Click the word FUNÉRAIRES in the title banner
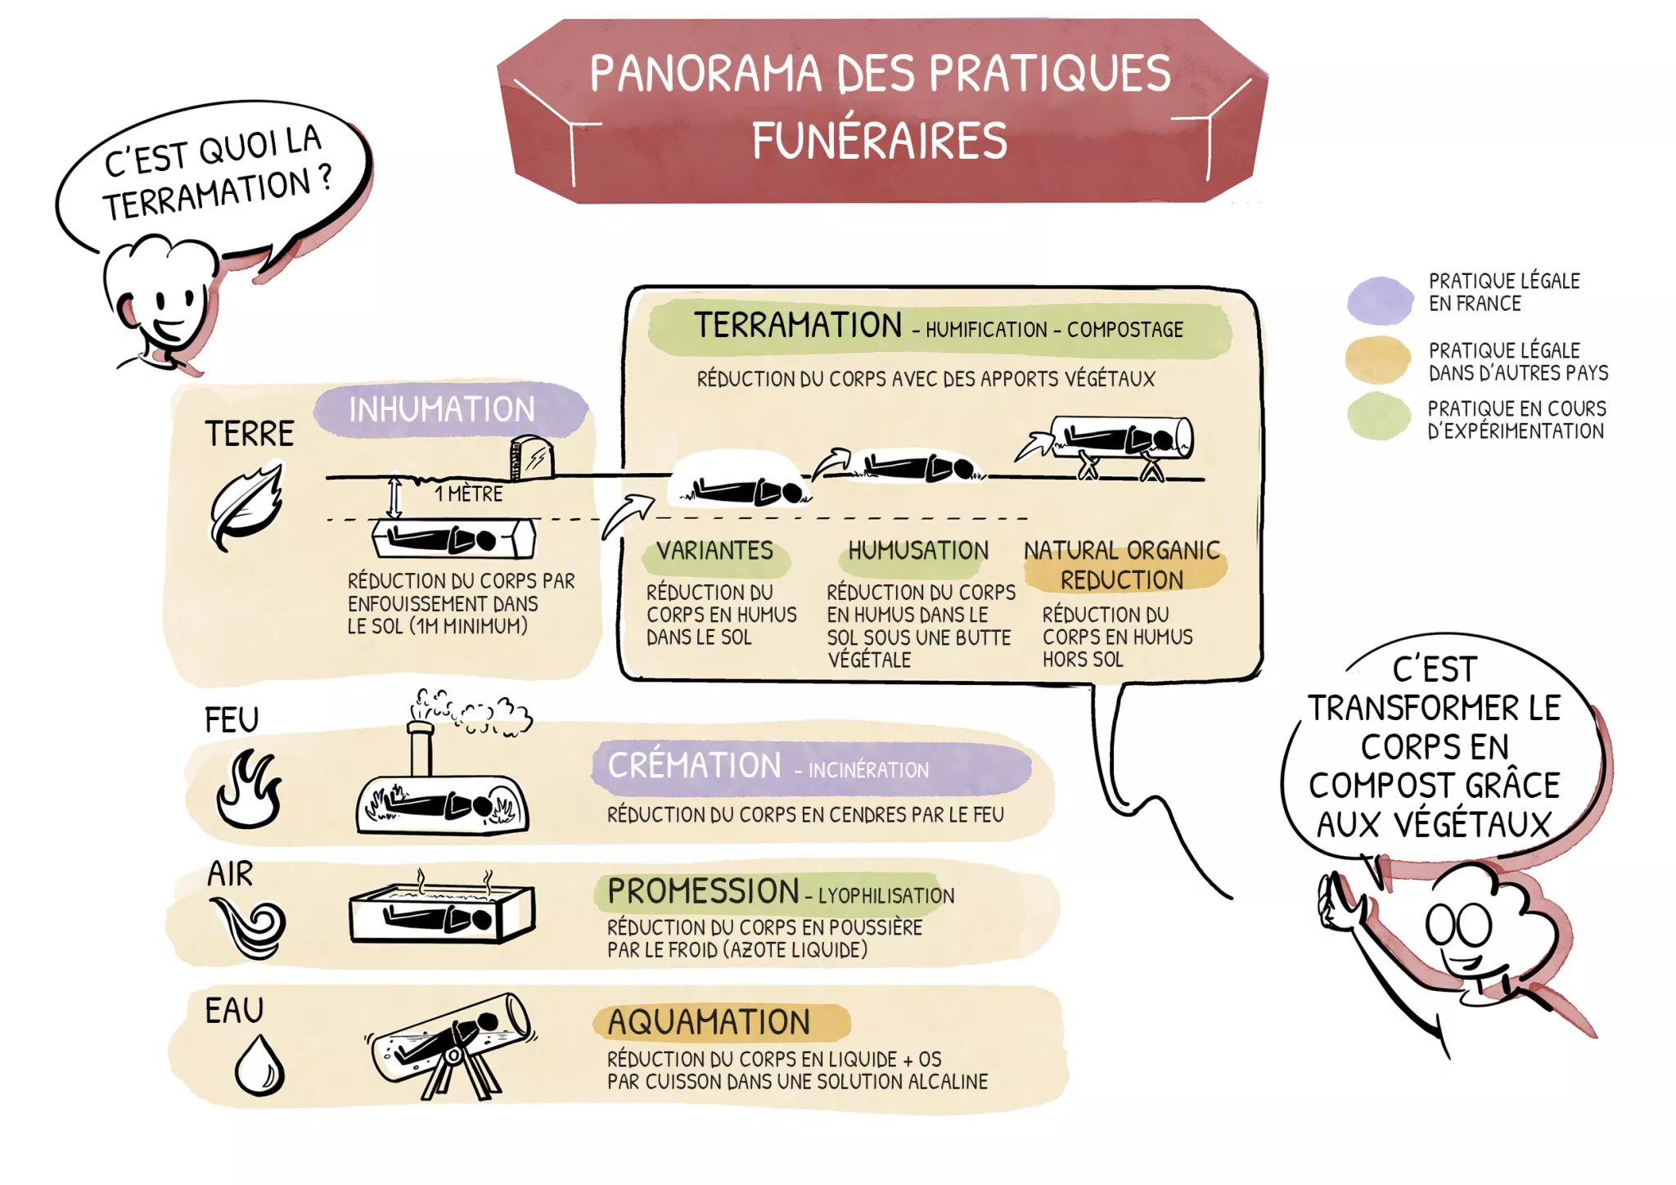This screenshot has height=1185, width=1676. coord(879,140)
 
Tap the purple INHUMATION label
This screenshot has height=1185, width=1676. coord(442,409)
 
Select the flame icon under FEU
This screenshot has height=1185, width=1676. coord(249,790)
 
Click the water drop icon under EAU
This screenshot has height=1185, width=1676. coord(259,1066)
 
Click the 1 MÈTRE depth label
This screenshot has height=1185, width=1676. coord(468,494)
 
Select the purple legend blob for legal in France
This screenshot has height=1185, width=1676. coord(1380,300)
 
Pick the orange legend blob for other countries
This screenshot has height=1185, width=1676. coord(1378,360)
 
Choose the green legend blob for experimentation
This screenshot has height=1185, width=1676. coord(1378,417)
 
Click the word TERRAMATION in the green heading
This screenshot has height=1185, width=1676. coord(798,326)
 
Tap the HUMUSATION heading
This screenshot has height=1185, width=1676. coord(918,551)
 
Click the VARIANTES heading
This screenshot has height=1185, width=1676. coord(714,551)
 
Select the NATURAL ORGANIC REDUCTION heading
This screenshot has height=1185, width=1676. coord(1122,565)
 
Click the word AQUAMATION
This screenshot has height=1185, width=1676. coord(709,1023)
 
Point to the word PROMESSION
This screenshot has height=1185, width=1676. coord(703,892)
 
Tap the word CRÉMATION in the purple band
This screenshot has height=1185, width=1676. coord(694,766)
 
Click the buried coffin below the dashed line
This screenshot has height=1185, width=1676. coord(453,539)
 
